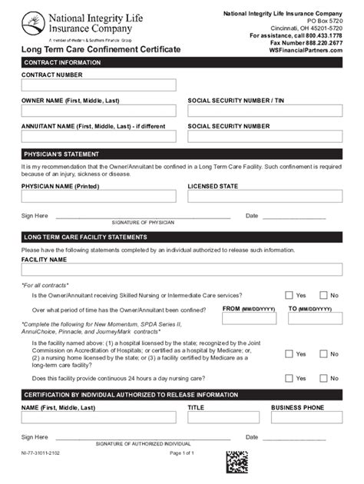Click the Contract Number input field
click(98, 85)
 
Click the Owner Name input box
click(98, 111)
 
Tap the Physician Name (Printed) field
click(98, 196)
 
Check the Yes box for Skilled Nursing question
click(289, 295)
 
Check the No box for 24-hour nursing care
click(324, 378)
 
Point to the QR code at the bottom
click(237, 462)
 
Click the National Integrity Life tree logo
click(34, 22)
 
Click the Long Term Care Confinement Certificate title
click(101, 50)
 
